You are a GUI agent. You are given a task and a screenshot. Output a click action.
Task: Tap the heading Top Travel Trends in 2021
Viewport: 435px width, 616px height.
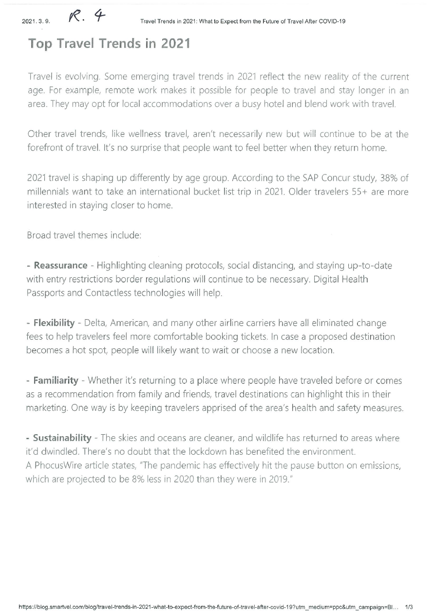click(x=109, y=43)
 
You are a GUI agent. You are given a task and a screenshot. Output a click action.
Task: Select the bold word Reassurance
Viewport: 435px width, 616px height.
click(x=60, y=266)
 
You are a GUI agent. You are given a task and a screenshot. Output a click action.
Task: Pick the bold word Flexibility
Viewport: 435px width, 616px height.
click(x=54, y=323)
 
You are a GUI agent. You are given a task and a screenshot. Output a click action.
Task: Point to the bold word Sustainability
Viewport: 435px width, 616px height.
click(x=62, y=438)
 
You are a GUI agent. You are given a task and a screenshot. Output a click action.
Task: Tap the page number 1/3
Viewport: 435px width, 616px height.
click(x=409, y=607)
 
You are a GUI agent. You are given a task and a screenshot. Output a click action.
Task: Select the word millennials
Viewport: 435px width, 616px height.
click(x=49, y=192)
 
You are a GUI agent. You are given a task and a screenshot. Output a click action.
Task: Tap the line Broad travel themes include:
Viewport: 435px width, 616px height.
click(x=84, y=235)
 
